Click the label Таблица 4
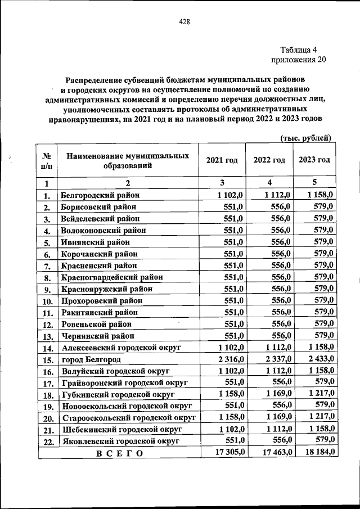302,49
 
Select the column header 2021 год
222,160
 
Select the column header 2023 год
314,160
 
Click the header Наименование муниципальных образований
127,161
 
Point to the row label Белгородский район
100,195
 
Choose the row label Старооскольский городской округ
128,418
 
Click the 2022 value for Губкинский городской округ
276,394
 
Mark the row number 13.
47,336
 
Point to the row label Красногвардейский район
110,277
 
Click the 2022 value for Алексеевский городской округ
276,348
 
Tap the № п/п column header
47,161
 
